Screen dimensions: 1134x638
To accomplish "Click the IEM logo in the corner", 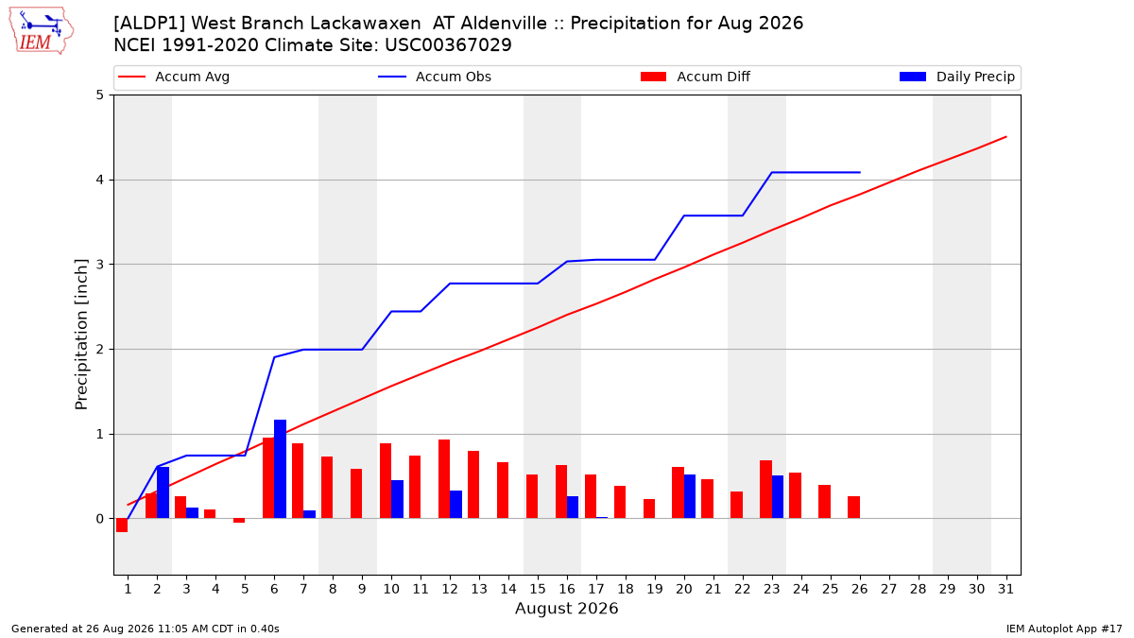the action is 42,31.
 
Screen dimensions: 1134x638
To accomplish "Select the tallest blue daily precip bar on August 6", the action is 280,469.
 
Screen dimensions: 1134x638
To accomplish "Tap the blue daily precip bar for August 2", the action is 163,492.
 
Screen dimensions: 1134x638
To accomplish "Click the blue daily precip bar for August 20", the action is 690,496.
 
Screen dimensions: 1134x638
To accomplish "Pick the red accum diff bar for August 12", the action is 444,479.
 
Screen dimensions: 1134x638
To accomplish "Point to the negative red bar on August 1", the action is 122,526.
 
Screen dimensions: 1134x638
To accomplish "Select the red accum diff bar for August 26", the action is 854,508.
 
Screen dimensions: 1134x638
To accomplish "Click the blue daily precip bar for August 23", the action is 778,497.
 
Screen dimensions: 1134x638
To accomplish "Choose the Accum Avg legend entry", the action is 174,77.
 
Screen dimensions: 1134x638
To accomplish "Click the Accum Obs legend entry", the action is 435,77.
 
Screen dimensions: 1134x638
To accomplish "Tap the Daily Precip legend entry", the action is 957,77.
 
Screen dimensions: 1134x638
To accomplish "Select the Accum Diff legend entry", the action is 696,77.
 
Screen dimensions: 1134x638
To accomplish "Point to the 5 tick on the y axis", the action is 99,95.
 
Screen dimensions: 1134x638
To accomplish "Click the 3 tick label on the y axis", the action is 99,265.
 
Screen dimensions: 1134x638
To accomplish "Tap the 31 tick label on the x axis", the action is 1005,589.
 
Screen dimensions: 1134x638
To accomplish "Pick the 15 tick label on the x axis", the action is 538,589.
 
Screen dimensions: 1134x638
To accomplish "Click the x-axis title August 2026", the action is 566,608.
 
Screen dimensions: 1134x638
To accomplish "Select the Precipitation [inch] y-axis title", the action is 81,335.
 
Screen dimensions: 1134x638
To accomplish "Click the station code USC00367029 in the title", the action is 448,45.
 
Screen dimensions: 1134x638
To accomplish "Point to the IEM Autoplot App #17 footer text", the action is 1064,629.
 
